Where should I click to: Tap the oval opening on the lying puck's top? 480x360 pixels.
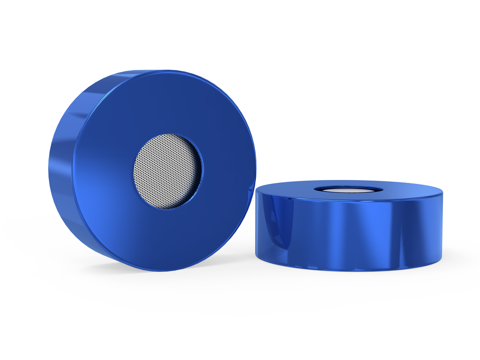coord(347,189)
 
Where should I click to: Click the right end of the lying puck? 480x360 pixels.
coord(441,225)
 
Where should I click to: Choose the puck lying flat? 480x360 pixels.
coord(349,225)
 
